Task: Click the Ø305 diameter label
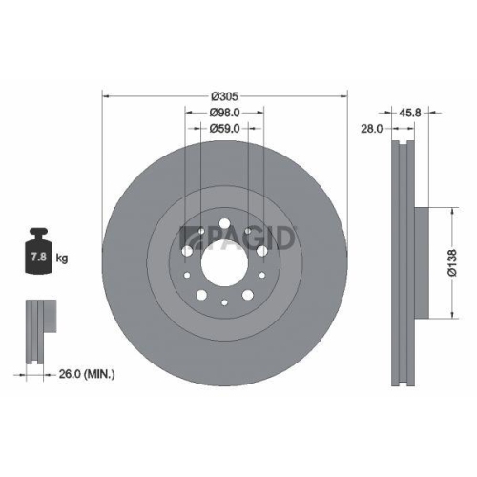point(225,95)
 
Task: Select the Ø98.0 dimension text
point(225,112)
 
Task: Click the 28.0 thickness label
point(371,126)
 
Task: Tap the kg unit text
point(62,259)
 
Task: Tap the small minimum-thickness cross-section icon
point(35,329)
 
